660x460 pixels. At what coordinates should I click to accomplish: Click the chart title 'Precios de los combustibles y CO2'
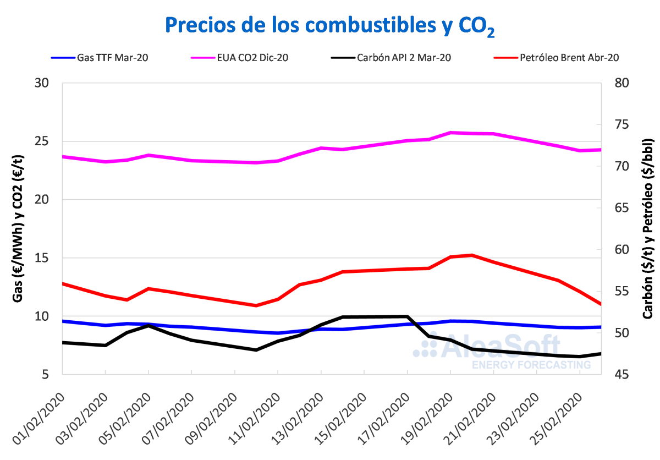329,26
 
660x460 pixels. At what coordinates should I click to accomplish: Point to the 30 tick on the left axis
42,83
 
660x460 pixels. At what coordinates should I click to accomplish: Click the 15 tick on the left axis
42,258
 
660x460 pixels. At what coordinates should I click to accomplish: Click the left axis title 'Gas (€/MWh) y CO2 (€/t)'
19,228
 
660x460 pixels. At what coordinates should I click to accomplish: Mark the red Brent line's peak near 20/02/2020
472,255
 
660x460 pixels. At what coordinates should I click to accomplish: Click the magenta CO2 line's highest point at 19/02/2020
450,133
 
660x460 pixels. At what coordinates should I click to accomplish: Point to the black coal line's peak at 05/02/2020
148,326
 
